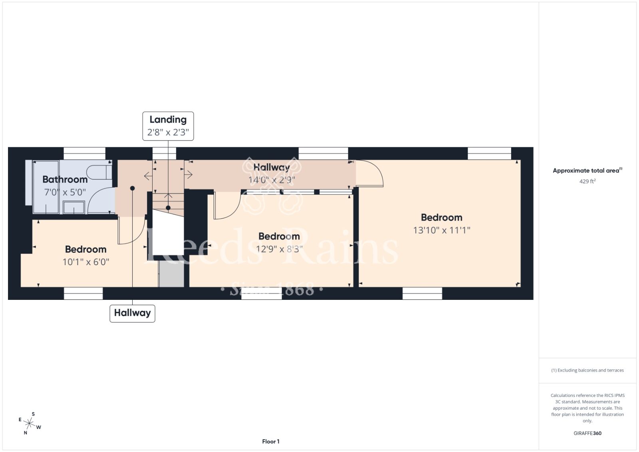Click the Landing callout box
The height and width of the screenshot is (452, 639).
(168, 126)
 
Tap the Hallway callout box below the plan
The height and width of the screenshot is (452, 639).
(132, 313)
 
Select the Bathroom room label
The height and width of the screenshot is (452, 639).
(65, 179)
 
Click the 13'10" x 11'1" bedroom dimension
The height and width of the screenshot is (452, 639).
(442, 230)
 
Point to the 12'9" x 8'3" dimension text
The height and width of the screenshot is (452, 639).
(279, 249)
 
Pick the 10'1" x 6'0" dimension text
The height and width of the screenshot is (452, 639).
(86, 262)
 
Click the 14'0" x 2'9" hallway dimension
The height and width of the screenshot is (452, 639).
(272, 180)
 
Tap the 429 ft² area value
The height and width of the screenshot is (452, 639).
(587, 181)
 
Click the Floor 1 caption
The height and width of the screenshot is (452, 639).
(271, 442)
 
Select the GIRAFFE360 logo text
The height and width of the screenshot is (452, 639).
(587, 433)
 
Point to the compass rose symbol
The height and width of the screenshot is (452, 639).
(29, 424)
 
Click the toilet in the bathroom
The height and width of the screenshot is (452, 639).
(99, 172)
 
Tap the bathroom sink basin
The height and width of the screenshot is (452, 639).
(73, 207)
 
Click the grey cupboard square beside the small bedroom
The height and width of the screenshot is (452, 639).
(171, 274)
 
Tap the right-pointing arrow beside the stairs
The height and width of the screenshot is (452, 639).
(189, 174)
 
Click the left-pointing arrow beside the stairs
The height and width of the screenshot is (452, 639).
(148, 176)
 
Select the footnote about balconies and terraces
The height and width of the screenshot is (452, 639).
(587, 370)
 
